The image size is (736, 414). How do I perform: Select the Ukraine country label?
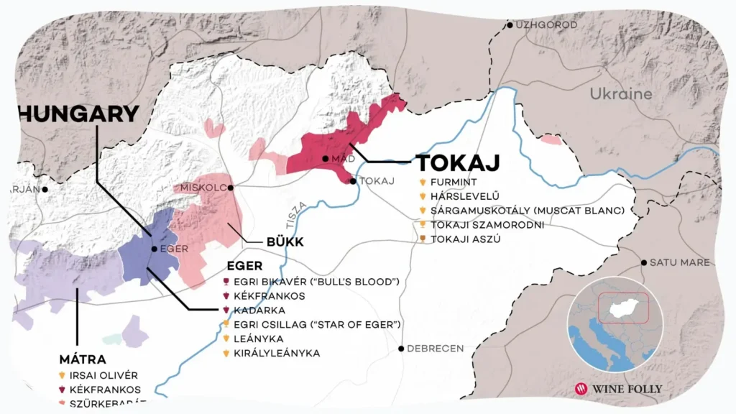[621, 94]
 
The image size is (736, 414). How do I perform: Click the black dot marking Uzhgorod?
[510, 25]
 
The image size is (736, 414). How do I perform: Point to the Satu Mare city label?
[680, 263]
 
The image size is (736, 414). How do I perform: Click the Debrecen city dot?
[401, 349]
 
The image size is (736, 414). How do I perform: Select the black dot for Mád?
[326, 158]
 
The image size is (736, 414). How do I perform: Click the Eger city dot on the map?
[154, 249]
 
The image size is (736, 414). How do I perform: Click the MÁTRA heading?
[83, 359]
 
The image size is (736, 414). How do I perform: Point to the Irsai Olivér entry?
[103, 375]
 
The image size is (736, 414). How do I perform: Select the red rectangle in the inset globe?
[623, 307]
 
